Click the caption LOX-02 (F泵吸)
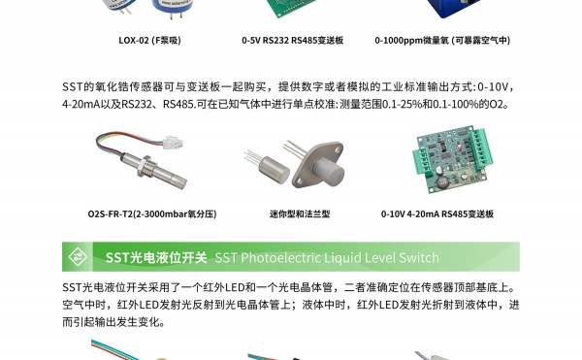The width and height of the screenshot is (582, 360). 149,40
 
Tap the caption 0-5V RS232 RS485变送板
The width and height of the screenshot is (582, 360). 293,40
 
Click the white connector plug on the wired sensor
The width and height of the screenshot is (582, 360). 173,142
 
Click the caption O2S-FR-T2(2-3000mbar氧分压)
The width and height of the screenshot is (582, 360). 152,213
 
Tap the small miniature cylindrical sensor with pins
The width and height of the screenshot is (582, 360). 274,169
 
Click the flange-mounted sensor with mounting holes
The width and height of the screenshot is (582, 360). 319,164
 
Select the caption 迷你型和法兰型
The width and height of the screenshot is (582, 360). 300,213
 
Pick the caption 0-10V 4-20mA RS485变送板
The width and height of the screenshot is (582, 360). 437,213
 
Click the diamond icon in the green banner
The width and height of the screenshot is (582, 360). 78,257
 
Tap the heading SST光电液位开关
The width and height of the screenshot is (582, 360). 156,257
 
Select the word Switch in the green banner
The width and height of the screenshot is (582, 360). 419,257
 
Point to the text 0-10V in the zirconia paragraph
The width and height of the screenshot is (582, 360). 492,86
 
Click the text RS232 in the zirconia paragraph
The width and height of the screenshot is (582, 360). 136,104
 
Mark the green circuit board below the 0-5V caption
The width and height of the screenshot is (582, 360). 293,8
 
